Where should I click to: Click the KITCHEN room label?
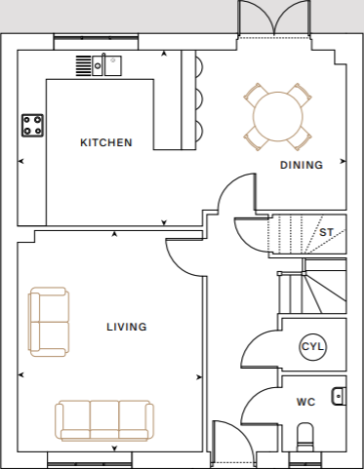click(105, 143)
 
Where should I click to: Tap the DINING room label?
click(301, 165)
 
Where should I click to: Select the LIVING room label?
click(127, 327)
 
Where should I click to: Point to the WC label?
click(305, 401)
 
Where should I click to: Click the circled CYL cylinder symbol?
click(311, 347)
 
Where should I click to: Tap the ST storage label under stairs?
click(326, 233)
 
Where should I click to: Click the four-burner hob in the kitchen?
click(33, 125)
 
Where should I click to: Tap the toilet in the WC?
click(304, 434)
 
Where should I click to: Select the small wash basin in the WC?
click(339, 395)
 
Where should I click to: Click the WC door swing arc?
click(258, 401)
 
